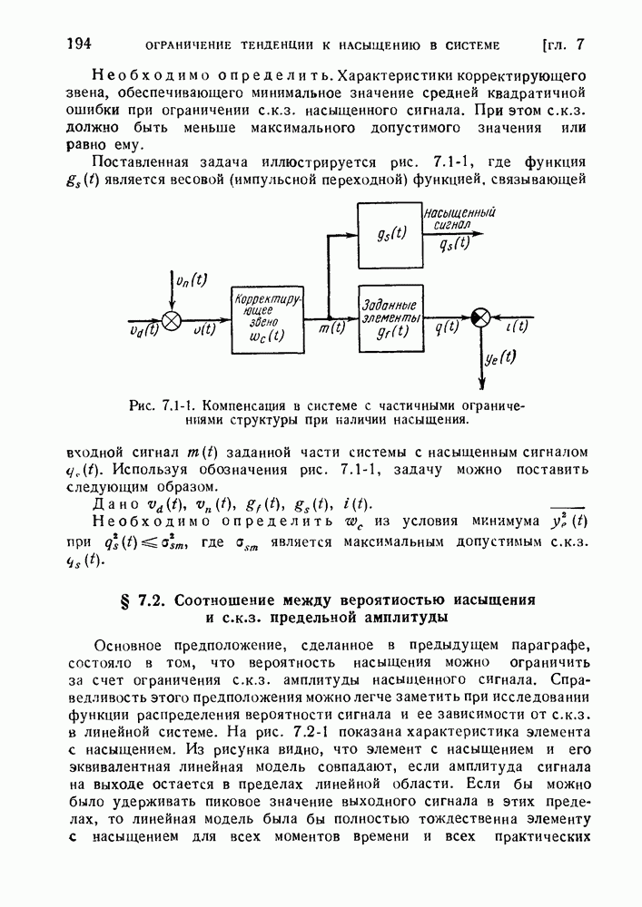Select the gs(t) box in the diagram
coord(390,230)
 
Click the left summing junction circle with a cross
coord(172,319)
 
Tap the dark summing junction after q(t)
coord(481,317)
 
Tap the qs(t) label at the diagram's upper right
coord(453,243)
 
